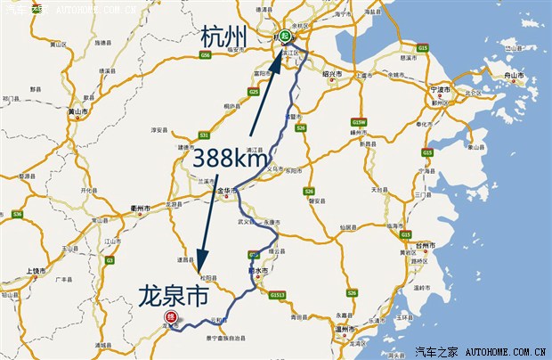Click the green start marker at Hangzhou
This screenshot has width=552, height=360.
click(283, 37)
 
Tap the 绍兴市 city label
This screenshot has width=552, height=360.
click(335, 75)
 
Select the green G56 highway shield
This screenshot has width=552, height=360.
click(205, 54)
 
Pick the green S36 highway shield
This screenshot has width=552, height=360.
click(17, 215)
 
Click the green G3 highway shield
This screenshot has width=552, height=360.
click(110, 260)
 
